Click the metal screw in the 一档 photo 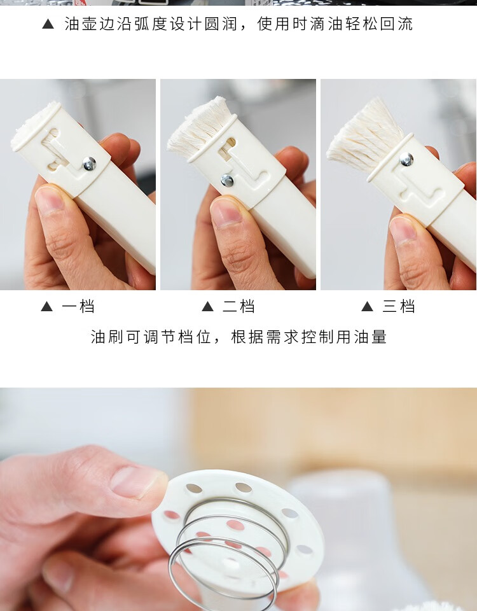pos(89,164)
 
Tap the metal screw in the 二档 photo pos(226,180)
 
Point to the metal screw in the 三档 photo pos(406,159)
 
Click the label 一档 pos(78,306)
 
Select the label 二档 pos(238,306)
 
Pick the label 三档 pos(398,306)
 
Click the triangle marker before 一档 pos(46,307)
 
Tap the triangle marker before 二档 pos(207,307)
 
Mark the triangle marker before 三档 pos(367,307)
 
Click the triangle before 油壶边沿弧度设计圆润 pos(48,24)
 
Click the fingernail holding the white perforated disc pos(136,482)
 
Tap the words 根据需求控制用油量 pos(309,337)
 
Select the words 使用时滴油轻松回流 pos(335,24)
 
